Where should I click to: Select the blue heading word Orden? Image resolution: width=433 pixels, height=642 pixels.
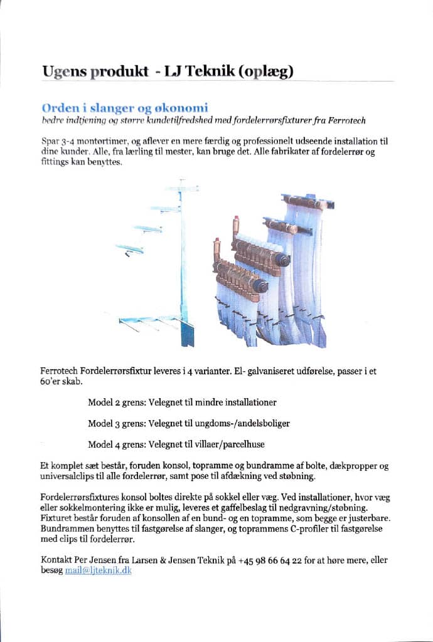click(58, 107)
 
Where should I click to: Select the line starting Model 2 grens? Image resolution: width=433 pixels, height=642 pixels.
click(182, 402)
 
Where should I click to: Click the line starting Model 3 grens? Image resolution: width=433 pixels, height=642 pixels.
click(189, 423)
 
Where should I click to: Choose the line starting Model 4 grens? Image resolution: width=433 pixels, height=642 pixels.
click(176, 445)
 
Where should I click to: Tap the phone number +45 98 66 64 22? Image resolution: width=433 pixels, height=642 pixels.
click(269, 560)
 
